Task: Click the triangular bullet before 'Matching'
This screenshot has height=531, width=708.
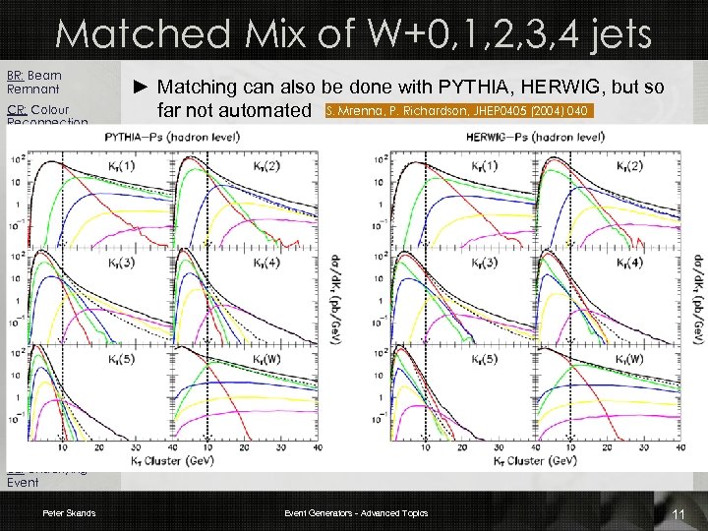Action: [x=139, y=88]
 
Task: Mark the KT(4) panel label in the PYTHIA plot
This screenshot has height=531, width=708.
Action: [x=295, y=264]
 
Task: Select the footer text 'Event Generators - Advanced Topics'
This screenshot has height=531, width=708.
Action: [x=356, y=513]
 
